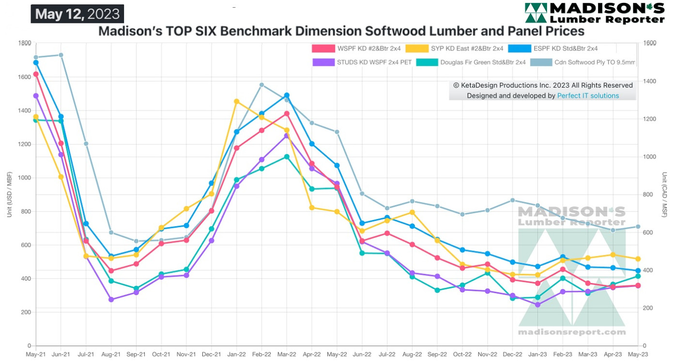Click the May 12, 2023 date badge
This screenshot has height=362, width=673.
(77, 14)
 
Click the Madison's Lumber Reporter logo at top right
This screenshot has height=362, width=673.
(595, 13)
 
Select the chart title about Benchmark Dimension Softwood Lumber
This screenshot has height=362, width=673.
(341, 31)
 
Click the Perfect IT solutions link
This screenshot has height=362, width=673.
(588, 95)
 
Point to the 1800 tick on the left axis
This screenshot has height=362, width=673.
(24, 43)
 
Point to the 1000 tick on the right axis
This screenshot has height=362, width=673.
(650, 157)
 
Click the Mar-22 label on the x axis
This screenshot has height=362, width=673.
(287, 355)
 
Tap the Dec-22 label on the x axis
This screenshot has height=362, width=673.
(512, 355)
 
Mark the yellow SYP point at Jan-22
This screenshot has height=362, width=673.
(236, 101)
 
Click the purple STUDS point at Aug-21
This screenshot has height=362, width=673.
(111, 299)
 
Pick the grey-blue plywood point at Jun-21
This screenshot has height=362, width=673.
(61, 55)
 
